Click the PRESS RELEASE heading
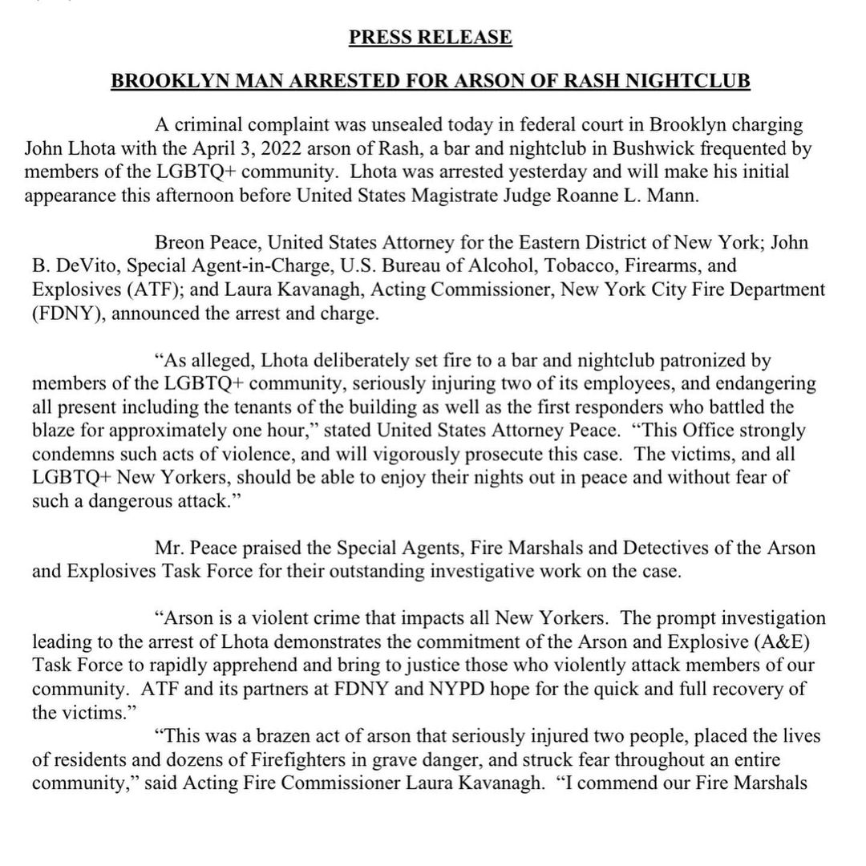coord(431,38)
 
